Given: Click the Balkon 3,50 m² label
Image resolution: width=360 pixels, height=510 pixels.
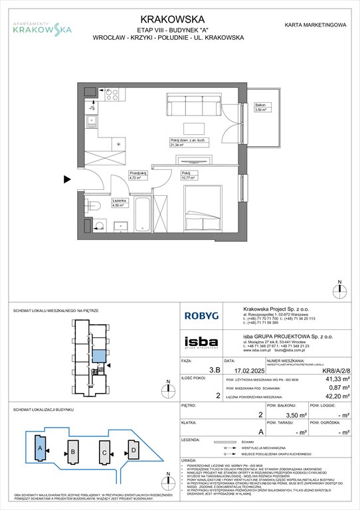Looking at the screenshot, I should (262, 108).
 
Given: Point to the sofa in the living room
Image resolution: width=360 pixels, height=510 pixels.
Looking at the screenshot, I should (195, 104).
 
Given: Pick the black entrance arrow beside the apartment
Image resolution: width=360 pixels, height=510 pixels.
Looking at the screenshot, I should (68, 179).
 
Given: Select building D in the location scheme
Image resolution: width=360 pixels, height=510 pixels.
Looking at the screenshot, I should (134, 452).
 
